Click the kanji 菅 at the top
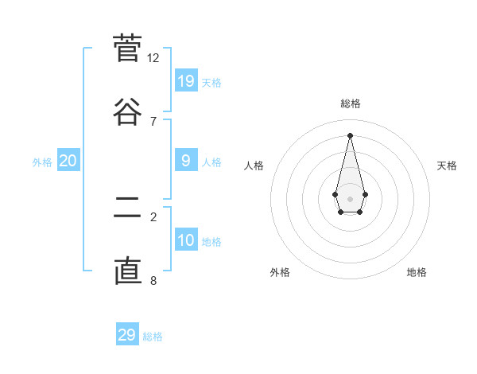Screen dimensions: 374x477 [x=127, y=49]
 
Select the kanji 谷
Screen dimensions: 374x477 [x=127, y=111]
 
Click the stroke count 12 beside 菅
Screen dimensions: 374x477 [x=153, y=57]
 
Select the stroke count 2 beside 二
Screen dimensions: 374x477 [x=153, y=216]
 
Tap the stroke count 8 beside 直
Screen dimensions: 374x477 [x=153, y=279]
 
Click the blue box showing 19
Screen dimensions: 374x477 [x=186, y=80]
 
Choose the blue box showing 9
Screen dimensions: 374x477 [x=186, y=161]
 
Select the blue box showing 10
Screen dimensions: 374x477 [x=186, y=240]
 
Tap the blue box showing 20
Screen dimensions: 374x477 [x=68, y=161]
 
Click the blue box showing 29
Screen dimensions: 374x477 [x=127, y=335]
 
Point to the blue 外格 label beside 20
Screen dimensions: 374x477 [x=42, y=162]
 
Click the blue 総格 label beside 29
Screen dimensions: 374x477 [x=153, y=337]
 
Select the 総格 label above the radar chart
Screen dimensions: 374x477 [x=351, y=103]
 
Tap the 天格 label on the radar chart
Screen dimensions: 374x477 [x=448, y=166]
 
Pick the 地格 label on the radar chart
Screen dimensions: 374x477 [x=417, y=272]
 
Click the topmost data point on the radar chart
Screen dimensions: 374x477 [x=350, y=134]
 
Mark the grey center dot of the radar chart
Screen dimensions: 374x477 [x=350, y=198]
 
